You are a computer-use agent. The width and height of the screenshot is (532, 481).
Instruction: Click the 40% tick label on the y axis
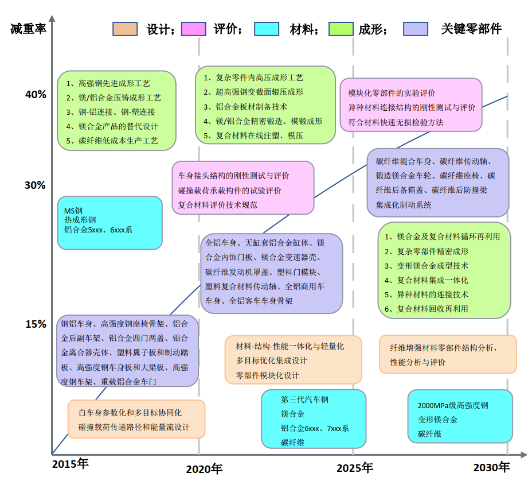click(x=36, y=95)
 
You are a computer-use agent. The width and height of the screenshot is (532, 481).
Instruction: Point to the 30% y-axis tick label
click(x=36, y=185)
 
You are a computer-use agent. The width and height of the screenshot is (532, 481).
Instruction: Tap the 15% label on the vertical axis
click(x=36, y=324)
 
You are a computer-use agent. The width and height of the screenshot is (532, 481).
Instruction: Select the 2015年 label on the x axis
click(x=71, y=463)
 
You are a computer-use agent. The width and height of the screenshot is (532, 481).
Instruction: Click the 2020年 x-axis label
click(x=204, y=469)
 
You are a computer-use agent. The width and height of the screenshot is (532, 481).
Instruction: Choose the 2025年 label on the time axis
click(x=355, y=468)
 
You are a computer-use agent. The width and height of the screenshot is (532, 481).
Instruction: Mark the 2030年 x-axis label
click(x=491, y=467)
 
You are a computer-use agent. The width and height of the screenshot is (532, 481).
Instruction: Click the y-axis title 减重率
click(x=28, y=29)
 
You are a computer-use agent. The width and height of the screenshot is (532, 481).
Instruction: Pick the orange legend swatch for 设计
click(x=125, y=29)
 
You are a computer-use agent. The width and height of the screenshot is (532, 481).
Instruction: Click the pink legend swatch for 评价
click(x=193, y=29)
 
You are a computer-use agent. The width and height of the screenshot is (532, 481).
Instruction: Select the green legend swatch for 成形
click(x=341, y=29)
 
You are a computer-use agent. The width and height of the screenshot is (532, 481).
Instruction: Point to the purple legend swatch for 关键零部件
click(x=416, y=29)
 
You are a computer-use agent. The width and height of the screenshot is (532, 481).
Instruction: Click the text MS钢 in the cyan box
click(x=73, y=211)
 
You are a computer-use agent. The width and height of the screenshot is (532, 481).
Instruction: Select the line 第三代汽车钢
click(x=305, y=399)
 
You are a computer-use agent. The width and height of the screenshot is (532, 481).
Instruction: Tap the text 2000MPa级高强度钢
click(x=453, y=405)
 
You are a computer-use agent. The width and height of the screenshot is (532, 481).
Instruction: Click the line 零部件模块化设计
click(x=268, y=375)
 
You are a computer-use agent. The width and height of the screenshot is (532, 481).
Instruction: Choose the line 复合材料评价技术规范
click(x=218, y=204)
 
